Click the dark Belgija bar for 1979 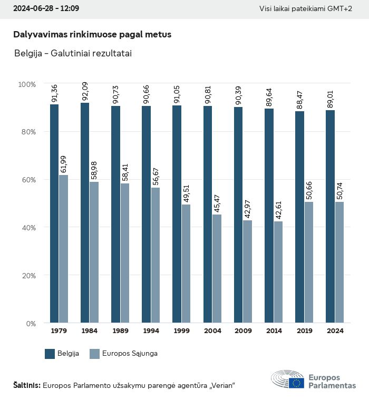pyautogui.click(x=54, y=213)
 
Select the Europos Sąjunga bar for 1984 pyautogui.click(x=94, y=252)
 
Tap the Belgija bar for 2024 pyautogui.click(x=331, y=216)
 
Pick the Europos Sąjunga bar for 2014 pyautogui.click(x=278, y=272)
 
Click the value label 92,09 pyautogui.click(x=85, y=93)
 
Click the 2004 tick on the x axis pyautogui.click(x=212, y=331)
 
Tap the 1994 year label pyautogui.click(x=151, y=331)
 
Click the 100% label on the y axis pyautogui.click(x=27, y=84)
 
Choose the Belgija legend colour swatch pyautogui.click(x=50, y=354)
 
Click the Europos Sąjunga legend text pyautogui.click(x=130, y=354)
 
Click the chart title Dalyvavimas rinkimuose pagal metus pyautogui.click(x=92, y=34)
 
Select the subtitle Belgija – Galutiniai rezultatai pyautogui.click(x=73, y=53)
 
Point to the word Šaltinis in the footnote pyautogui.click(x=26, y=385)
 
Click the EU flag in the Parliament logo pyautogui.click(x=296, y=383)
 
